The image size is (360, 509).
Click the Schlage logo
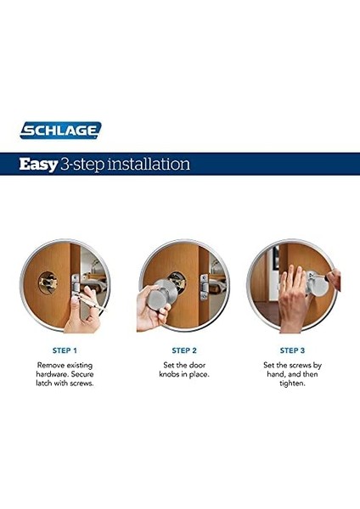click(x=60, y=130)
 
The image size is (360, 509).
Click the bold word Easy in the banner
click(x=38, y=165)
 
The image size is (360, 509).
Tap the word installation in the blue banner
click(x=149, y=164)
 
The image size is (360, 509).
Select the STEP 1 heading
click(x=65, y=350)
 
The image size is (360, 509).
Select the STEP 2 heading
click(x=184, y=350)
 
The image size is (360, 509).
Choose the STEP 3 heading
click(x=292, y=350)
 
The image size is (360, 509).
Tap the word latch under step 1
click(x=44, y=383)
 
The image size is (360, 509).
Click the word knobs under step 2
click(x=169, y=374)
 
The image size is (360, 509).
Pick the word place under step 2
click(x=200, y=375)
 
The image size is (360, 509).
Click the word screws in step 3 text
click(x=300, y=365)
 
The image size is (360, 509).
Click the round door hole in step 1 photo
click(x=48, y=282)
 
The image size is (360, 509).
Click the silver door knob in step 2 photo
click(x=161, y=294)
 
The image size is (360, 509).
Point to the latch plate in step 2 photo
click(x=204, y=287)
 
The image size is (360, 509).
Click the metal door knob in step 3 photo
click(x=318, y=283)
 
